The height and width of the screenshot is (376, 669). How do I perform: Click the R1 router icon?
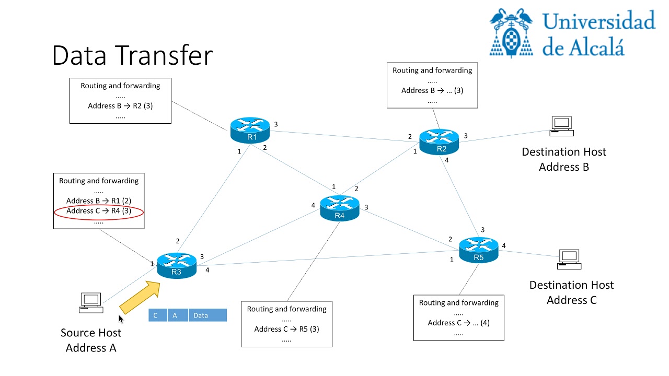[x=250, y=130]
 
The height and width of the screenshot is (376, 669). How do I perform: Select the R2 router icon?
[x=439, y=141]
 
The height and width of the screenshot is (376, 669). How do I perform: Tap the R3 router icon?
[x=177, y=264]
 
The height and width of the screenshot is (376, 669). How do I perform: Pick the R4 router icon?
[x=340, y=207]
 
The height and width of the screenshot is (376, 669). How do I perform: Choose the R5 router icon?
[x=479, y=250]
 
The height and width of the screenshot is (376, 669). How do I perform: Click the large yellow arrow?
[x=140, y=297]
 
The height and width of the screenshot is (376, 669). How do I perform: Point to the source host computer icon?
[x=90, y=302]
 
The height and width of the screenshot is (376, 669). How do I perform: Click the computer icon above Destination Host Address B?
[x=562, y=126]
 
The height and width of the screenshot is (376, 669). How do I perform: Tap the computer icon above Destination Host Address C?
[x=569, y=259]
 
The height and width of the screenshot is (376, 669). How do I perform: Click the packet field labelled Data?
[x=207, y=315]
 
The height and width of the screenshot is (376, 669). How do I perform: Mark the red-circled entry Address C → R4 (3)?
[x=99, y=211]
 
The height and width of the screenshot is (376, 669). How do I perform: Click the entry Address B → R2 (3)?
[x=120, y=106]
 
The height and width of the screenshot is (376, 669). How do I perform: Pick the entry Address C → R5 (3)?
[x=286, y=329]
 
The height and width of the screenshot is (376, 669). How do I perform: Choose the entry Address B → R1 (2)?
[x=99, y=201]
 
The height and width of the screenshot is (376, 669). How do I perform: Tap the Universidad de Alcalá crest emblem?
[x=511, y=32]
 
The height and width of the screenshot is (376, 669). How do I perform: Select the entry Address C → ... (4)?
[x=458, y=323]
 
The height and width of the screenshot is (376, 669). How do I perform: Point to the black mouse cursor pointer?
[x=121, y=319]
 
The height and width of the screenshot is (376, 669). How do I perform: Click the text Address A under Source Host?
[x=91, y=348]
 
